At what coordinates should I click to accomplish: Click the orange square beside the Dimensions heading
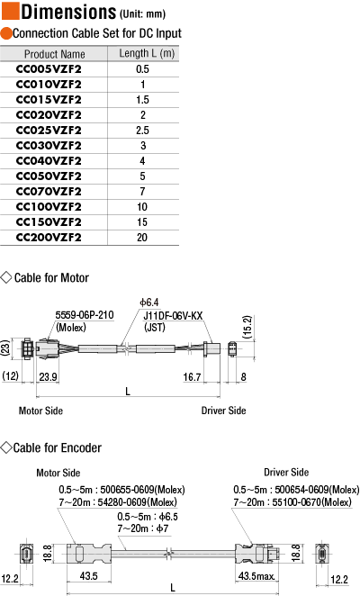[x=10, y=11]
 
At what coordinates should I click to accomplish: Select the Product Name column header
[x=54, y=54]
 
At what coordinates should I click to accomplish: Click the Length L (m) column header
[x=147, y=53]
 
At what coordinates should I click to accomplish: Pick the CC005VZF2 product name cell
[x=49, y=69]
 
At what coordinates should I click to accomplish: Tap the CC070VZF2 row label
[x=49, y=192]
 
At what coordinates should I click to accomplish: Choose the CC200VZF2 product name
[x=49, y=238]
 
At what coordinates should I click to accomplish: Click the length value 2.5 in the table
[x=142, y=131]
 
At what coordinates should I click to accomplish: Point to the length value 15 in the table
[x=142, y=222]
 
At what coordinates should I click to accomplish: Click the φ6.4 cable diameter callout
[x=149, y=303]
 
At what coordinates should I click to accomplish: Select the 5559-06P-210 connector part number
[x=85, y=315]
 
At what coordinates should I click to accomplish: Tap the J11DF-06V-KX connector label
[x=173, y=316]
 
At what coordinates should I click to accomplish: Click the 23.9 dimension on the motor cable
[x=49, y=376]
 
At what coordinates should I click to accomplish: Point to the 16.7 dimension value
[x=192, y=377]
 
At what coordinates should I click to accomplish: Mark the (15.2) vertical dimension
[x=247, y=327]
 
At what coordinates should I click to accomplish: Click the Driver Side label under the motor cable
[x=223, y=411]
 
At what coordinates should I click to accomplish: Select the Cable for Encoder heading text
[x=58, y=447]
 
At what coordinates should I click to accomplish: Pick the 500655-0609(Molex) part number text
[x=142, y=490]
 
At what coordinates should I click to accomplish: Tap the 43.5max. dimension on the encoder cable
[x=256, y=576]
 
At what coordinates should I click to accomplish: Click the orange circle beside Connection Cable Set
[x=6, y=33]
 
